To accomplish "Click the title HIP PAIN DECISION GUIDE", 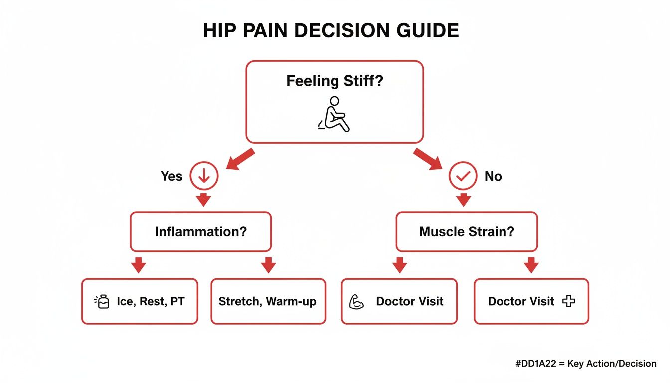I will pyautogui.click(x=331, y=31).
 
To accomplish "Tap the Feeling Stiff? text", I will pyautogui.click(x=335, y=81).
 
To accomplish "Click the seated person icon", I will pyautogui.click(x=335, y=115).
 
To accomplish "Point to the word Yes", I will pyautogui.click(x=171, y=176).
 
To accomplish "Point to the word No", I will pyautogui.click(x=493, y=176).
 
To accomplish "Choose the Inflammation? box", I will pyautogui.click(x=200, y=231).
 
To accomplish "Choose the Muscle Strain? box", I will pyautogui.click(x=467, y=231).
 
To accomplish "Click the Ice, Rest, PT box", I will pyautogui.click(x=140, y=301).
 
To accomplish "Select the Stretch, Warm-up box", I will pyautogui.click(x=268, y=301).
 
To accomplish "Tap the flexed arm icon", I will pyautogui.click(x=357, y=302).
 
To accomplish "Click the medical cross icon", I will pyautogui.click(x=568, y=301).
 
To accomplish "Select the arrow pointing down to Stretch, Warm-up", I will pyautogui.click(x=268, y=265).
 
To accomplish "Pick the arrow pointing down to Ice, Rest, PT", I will pyautogui.click(x=138, y=265).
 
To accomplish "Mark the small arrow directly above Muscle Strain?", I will pyautogui.click(x=464, y=200).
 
